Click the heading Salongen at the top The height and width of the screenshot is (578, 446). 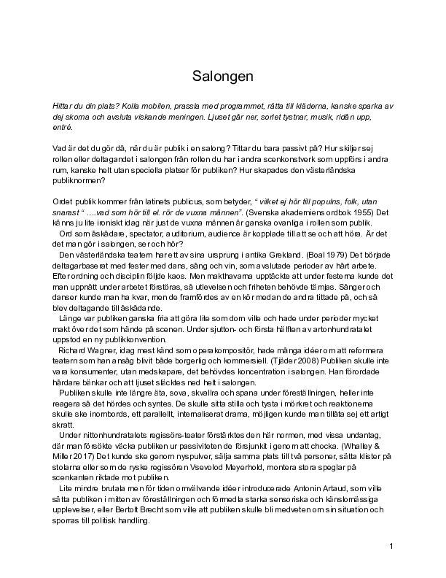(223, 76)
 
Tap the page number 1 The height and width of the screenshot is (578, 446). (391, 547)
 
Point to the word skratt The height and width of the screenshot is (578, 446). (66, 425)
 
